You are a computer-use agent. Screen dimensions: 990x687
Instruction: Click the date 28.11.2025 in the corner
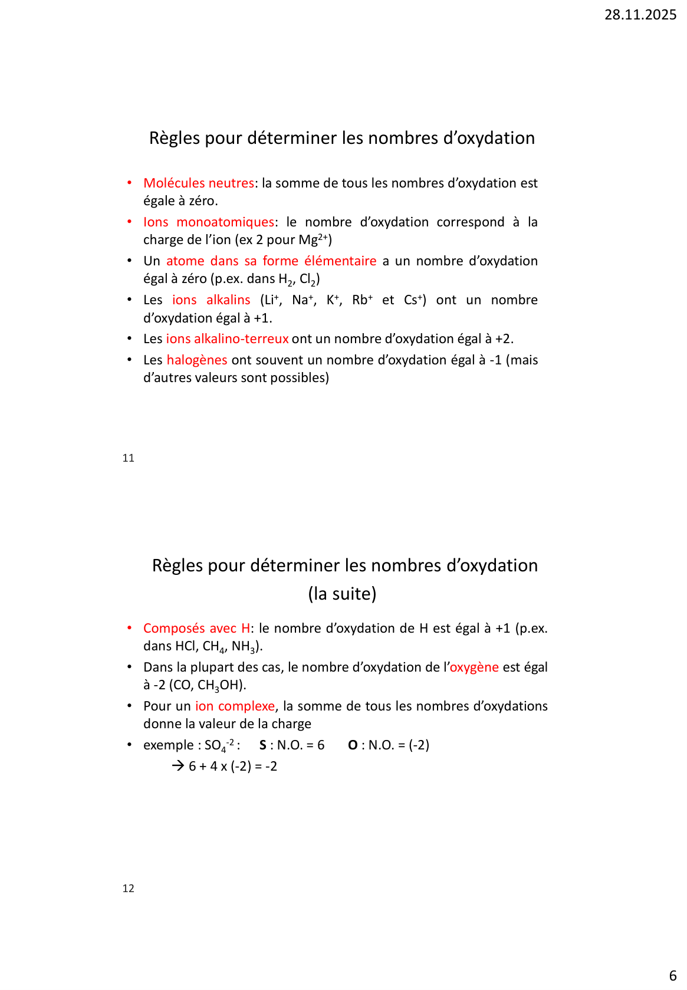pos(640,15)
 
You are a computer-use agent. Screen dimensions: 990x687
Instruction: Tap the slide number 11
pos(129,458)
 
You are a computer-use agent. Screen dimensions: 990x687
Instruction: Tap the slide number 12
pos(129,889)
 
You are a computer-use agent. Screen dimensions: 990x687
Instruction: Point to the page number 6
pos(673,975)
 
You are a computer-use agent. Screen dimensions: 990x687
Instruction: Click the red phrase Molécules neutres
pos(199,183)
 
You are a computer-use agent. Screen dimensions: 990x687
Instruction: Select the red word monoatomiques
pos(225,222)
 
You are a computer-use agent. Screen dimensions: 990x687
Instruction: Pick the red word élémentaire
pos(340,261)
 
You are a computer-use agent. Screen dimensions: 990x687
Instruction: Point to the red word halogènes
pos(197,360)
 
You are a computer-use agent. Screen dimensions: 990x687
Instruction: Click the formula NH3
pos(244,647)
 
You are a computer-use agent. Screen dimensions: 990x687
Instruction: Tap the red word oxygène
pos(474,667)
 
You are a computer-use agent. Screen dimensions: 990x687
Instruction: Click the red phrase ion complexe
pos(235,706)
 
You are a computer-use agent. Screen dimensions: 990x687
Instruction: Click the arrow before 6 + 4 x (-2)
pos(178,767)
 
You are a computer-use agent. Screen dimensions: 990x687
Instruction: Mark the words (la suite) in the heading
pos(342,594)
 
